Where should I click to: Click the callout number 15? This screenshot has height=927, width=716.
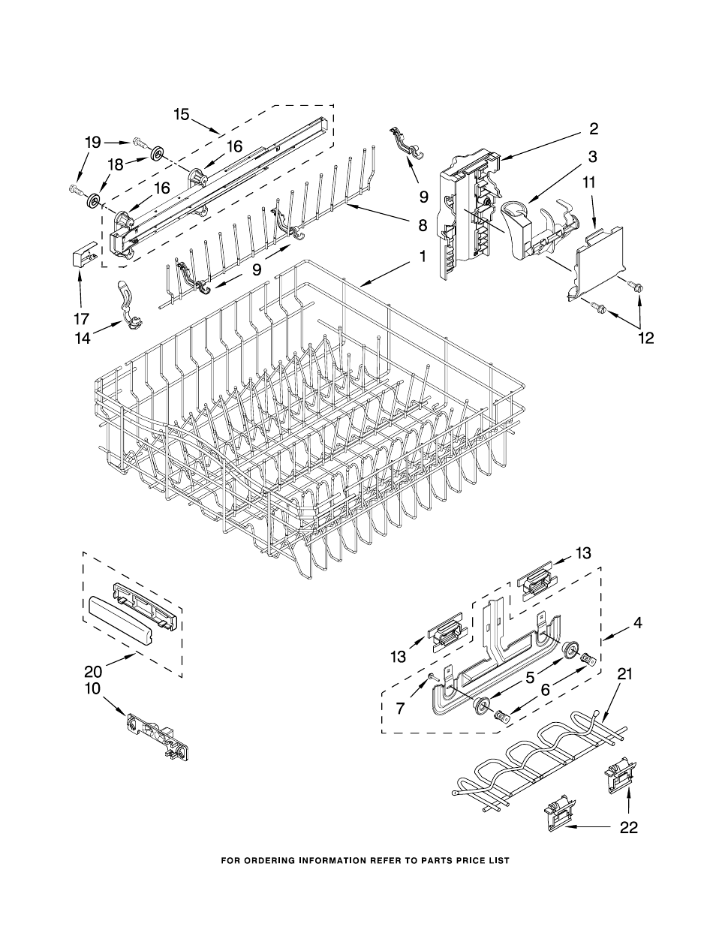coord(182,114)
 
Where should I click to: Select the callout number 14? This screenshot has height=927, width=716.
coord(82,339)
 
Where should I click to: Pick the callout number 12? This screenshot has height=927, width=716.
coord(645,338)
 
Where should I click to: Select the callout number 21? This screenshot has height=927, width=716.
coord(624,674)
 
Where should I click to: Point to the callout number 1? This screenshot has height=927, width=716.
coord(423,257)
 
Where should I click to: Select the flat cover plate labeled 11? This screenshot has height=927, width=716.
coord(600,263)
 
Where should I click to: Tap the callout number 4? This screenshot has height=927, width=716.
coord(637,622)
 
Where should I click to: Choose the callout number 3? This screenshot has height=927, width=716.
coord(592,156)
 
